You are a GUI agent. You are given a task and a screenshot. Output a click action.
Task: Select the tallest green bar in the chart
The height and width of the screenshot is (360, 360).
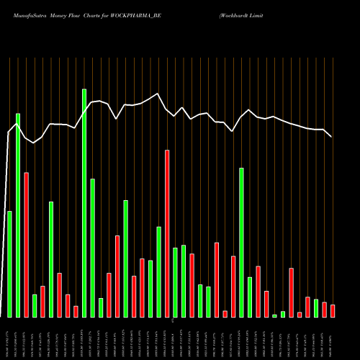[84, 203]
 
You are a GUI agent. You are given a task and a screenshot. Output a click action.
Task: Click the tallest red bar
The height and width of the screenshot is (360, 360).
[167, 233]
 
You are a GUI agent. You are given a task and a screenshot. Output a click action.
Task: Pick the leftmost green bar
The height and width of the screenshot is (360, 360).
[9, 264]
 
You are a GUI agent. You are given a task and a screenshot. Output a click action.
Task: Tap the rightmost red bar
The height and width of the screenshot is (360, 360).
[333, 310]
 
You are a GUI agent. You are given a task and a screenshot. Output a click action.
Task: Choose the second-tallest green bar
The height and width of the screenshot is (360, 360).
[18, 215]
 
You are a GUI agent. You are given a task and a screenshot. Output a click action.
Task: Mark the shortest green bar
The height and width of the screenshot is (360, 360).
[274, 315]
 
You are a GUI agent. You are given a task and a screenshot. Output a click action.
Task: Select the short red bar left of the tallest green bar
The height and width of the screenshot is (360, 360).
[76, 311]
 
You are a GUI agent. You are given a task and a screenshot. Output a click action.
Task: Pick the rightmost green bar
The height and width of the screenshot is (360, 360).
[316, 308]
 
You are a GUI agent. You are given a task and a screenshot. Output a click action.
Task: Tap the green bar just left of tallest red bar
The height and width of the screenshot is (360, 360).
[159, 271]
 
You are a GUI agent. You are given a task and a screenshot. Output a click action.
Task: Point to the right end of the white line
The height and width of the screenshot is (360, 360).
[332, 137]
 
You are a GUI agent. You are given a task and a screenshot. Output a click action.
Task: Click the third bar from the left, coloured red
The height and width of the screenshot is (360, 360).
[26, 245]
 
